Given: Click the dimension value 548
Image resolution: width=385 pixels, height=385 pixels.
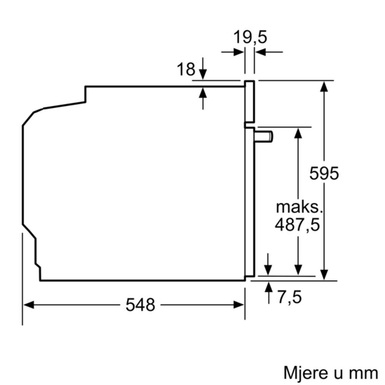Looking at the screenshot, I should [x=140, y=305].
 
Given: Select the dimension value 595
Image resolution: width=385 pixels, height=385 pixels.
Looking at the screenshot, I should [x=324, y=173].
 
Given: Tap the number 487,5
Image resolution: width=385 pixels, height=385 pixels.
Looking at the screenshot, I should [x=297, y=225].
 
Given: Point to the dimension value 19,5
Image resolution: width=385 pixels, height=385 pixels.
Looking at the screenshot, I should [x=250, y=38].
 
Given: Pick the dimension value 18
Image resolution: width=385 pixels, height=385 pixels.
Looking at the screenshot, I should [x=186, y=70].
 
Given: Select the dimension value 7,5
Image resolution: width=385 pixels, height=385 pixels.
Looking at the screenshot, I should [x=290, y=297].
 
